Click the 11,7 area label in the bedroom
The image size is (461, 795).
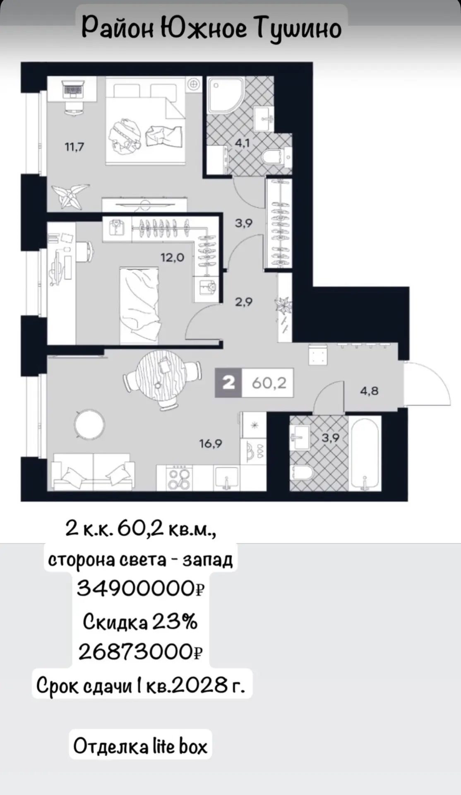click(x=74, y=147)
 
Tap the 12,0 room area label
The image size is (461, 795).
click(x=172, y=258)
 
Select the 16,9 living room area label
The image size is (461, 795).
click(x=211, y=444)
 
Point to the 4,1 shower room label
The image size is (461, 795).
click(x=243, y=143)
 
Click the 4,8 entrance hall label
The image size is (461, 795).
click(x=369, y=390)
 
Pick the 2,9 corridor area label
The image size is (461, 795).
click(x=244, y=302)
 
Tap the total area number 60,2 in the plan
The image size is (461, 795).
click(x=269, y=383)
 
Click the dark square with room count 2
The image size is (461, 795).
click(x=228, y=383)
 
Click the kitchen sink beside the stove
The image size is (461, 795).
click(x=226, y=478)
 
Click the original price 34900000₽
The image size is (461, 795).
click(x=141, y=588)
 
